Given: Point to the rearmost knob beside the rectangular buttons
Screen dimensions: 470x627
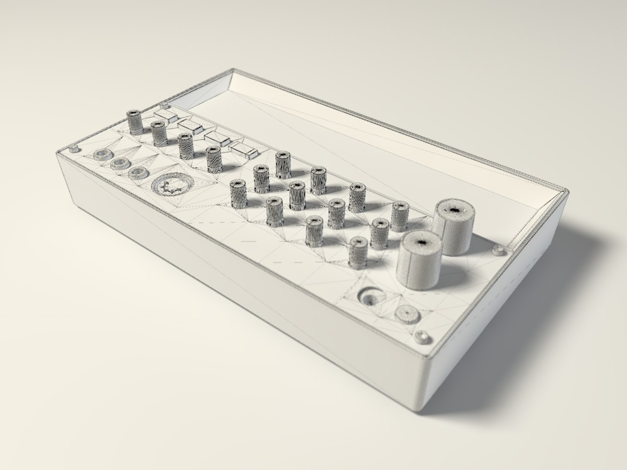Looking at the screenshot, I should tap(133, 122).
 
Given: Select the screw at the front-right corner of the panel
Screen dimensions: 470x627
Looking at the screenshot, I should tap(422, 337).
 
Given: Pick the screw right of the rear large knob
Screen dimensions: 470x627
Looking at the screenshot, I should tap(498, 250).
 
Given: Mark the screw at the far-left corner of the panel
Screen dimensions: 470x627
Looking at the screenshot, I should tap(74, 149).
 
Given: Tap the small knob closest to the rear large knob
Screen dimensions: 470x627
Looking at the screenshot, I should tap(399, 216).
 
